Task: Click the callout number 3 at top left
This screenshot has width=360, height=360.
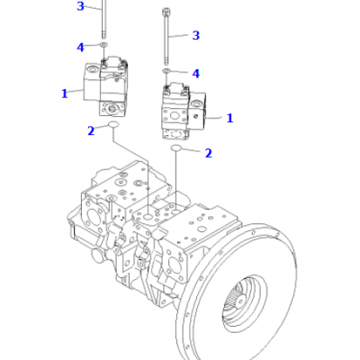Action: (x=80, y=6)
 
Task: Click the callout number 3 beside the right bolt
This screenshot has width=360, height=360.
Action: (x=195, y=35)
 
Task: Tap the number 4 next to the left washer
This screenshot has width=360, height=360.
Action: (x=80, y=48)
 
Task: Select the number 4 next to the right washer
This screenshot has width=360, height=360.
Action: (x=195, y=74)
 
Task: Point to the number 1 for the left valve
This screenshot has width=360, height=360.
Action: (x=65, y=94)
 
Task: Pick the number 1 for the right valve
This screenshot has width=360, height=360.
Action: (x=229, y=118)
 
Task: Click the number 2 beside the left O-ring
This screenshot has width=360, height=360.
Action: (x=91, y=130)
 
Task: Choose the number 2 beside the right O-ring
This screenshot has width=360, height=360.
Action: (x=208, y=153)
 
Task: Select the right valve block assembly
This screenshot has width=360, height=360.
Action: (x=184, y=111)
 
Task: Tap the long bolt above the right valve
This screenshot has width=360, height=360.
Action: (x=166, y=36)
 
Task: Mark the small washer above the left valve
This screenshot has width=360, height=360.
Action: (x=104, y=45)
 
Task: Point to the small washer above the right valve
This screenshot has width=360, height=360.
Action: (x=166, y=71)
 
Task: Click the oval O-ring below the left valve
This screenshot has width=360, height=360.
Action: (x=113, y=124)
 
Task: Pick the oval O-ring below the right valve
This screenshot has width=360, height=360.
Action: (x=176, y=148)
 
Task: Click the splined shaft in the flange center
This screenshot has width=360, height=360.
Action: (x=237, y=296)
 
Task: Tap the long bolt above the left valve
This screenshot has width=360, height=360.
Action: (x=103, y=19)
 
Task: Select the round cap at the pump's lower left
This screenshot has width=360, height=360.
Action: (x=99, y=256)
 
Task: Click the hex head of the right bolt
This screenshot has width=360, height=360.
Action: (x=166, y=12)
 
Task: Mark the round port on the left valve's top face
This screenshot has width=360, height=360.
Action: (x=92, y=70)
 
